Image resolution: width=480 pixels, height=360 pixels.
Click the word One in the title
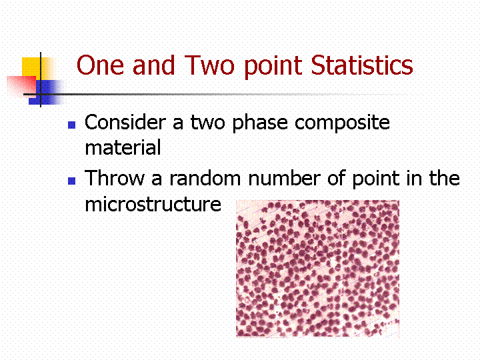[x=100, y=65]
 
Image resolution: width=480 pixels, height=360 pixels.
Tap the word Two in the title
[x=210, y=65]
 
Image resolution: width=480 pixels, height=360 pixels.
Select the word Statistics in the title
[x=362, y=65]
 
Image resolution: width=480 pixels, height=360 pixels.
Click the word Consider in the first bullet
[x=125, y=122]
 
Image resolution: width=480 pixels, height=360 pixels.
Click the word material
[x=123, y=147]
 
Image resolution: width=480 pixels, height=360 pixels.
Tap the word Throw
[x=114, y=178]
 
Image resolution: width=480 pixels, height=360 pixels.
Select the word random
[x=205, y=178]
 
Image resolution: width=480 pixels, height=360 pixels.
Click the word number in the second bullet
[x=285, y=178]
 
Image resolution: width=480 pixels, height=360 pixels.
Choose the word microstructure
[x=153, y=204]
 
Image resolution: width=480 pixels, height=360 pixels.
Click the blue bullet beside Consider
[x=71, y=125]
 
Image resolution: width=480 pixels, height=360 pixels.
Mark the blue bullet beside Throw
[x=71, y=181]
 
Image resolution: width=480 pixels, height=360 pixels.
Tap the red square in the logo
[x=21, y=87]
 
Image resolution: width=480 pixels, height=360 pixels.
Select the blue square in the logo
[x=46, y=93]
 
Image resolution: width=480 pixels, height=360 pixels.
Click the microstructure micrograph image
[x=318, y=269]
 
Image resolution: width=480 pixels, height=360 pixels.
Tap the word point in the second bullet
[x=376, y=179]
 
